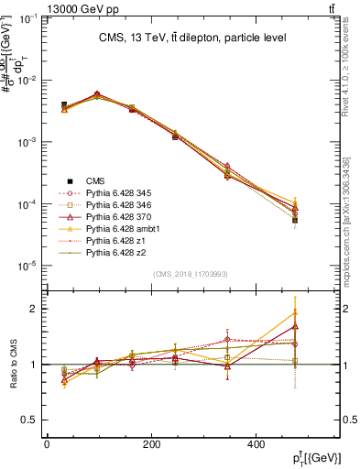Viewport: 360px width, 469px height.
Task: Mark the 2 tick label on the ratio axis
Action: pos(34,310)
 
